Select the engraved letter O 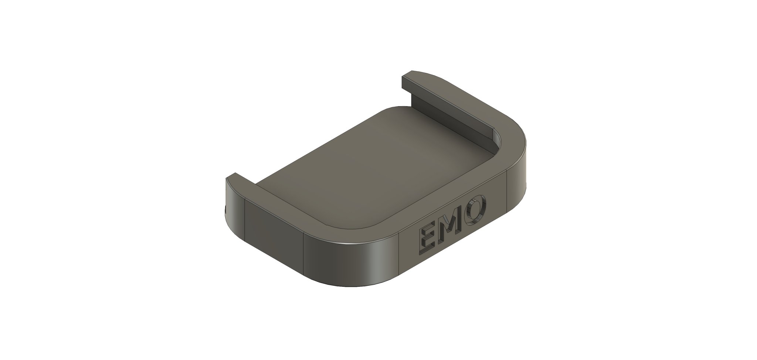click(x=476, y=210)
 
